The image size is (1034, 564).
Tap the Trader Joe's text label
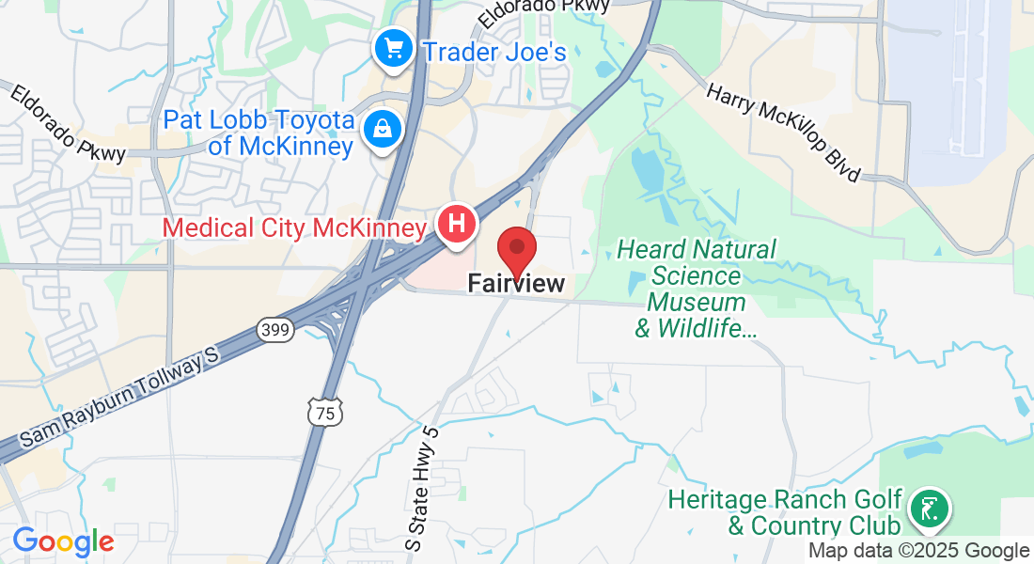495,51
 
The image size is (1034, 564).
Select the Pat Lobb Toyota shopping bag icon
383,130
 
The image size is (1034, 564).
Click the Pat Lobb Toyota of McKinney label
259,133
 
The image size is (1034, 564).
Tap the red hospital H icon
456,225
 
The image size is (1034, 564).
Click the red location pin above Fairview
516,249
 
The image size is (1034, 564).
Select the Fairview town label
516,283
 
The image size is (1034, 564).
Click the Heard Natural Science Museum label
697,289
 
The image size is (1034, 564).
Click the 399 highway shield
275,330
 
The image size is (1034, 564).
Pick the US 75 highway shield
325,412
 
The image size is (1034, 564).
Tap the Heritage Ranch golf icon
930,509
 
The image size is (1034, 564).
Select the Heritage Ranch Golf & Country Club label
785,512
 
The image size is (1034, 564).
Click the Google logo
63,541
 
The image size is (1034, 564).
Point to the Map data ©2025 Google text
919,551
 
